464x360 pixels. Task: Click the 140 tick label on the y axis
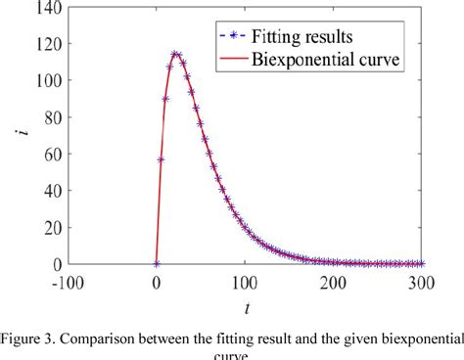click(44, 9)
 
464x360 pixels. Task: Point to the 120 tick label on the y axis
click(44, 45)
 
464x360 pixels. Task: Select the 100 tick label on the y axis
click(44, 82)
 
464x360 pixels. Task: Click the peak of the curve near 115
click(175, 54)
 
